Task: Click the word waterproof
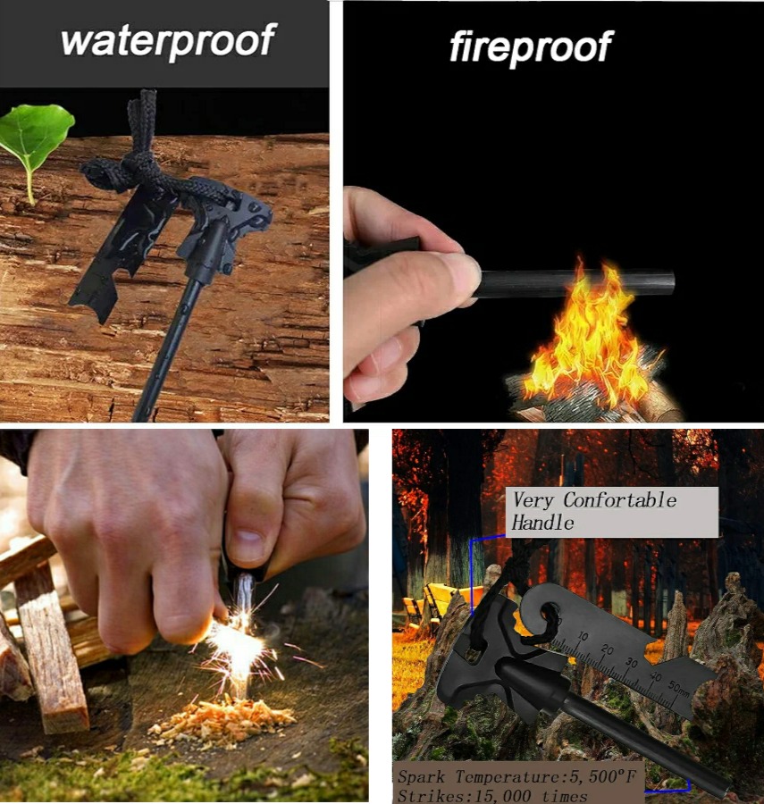[169, 40]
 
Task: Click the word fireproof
[531, 46]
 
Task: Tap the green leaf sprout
[35, 138]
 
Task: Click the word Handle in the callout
[542, 523]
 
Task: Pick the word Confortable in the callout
[619, 499]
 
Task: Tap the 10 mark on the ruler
[583, 636]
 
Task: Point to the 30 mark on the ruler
[631, 663]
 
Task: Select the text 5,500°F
[603, 776]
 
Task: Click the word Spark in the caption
[422, 777]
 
